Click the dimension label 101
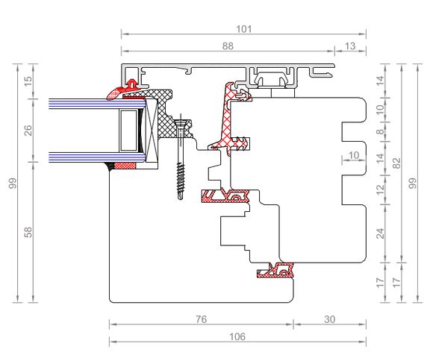[244, 29]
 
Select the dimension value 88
[228, 46]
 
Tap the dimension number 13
[350, 46]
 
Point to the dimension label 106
[237, 336]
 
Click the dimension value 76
[201, 319]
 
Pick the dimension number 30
[329, 319]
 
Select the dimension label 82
[396, 163]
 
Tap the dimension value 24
[380, 233]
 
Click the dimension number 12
[380, 189]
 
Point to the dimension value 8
[380, 132]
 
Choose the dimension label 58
[28, 233]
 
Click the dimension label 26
[28, 131]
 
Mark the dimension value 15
[28, 81]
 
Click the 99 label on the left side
[13, 183]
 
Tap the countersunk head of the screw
[181, 123]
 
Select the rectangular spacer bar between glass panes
[128, 131]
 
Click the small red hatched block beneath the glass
[125, 166]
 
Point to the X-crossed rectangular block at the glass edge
[152, 131]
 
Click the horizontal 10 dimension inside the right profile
[354, 155]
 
